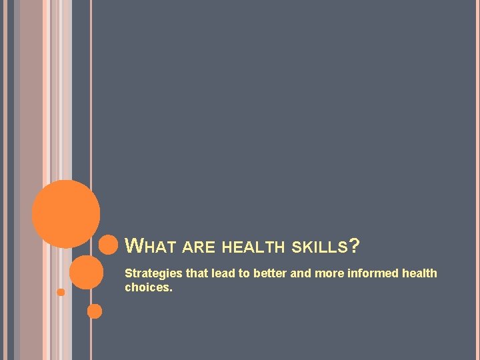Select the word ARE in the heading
(x=199, y=248)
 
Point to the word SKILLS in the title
(x=320, y=248)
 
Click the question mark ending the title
(x=355, y=247)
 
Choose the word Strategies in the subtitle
(x=153, y=273)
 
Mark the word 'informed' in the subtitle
(x=371, y=273)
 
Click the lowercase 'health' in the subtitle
(x=419, y=273)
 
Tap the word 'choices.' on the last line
(x=149, y=288)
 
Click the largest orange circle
(x=66, y=214)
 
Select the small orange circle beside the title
(x=108, y=245)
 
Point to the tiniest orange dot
(x=61, y=292)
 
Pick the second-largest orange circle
(x=87, y=273)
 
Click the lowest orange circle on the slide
(x=95, y=311)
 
